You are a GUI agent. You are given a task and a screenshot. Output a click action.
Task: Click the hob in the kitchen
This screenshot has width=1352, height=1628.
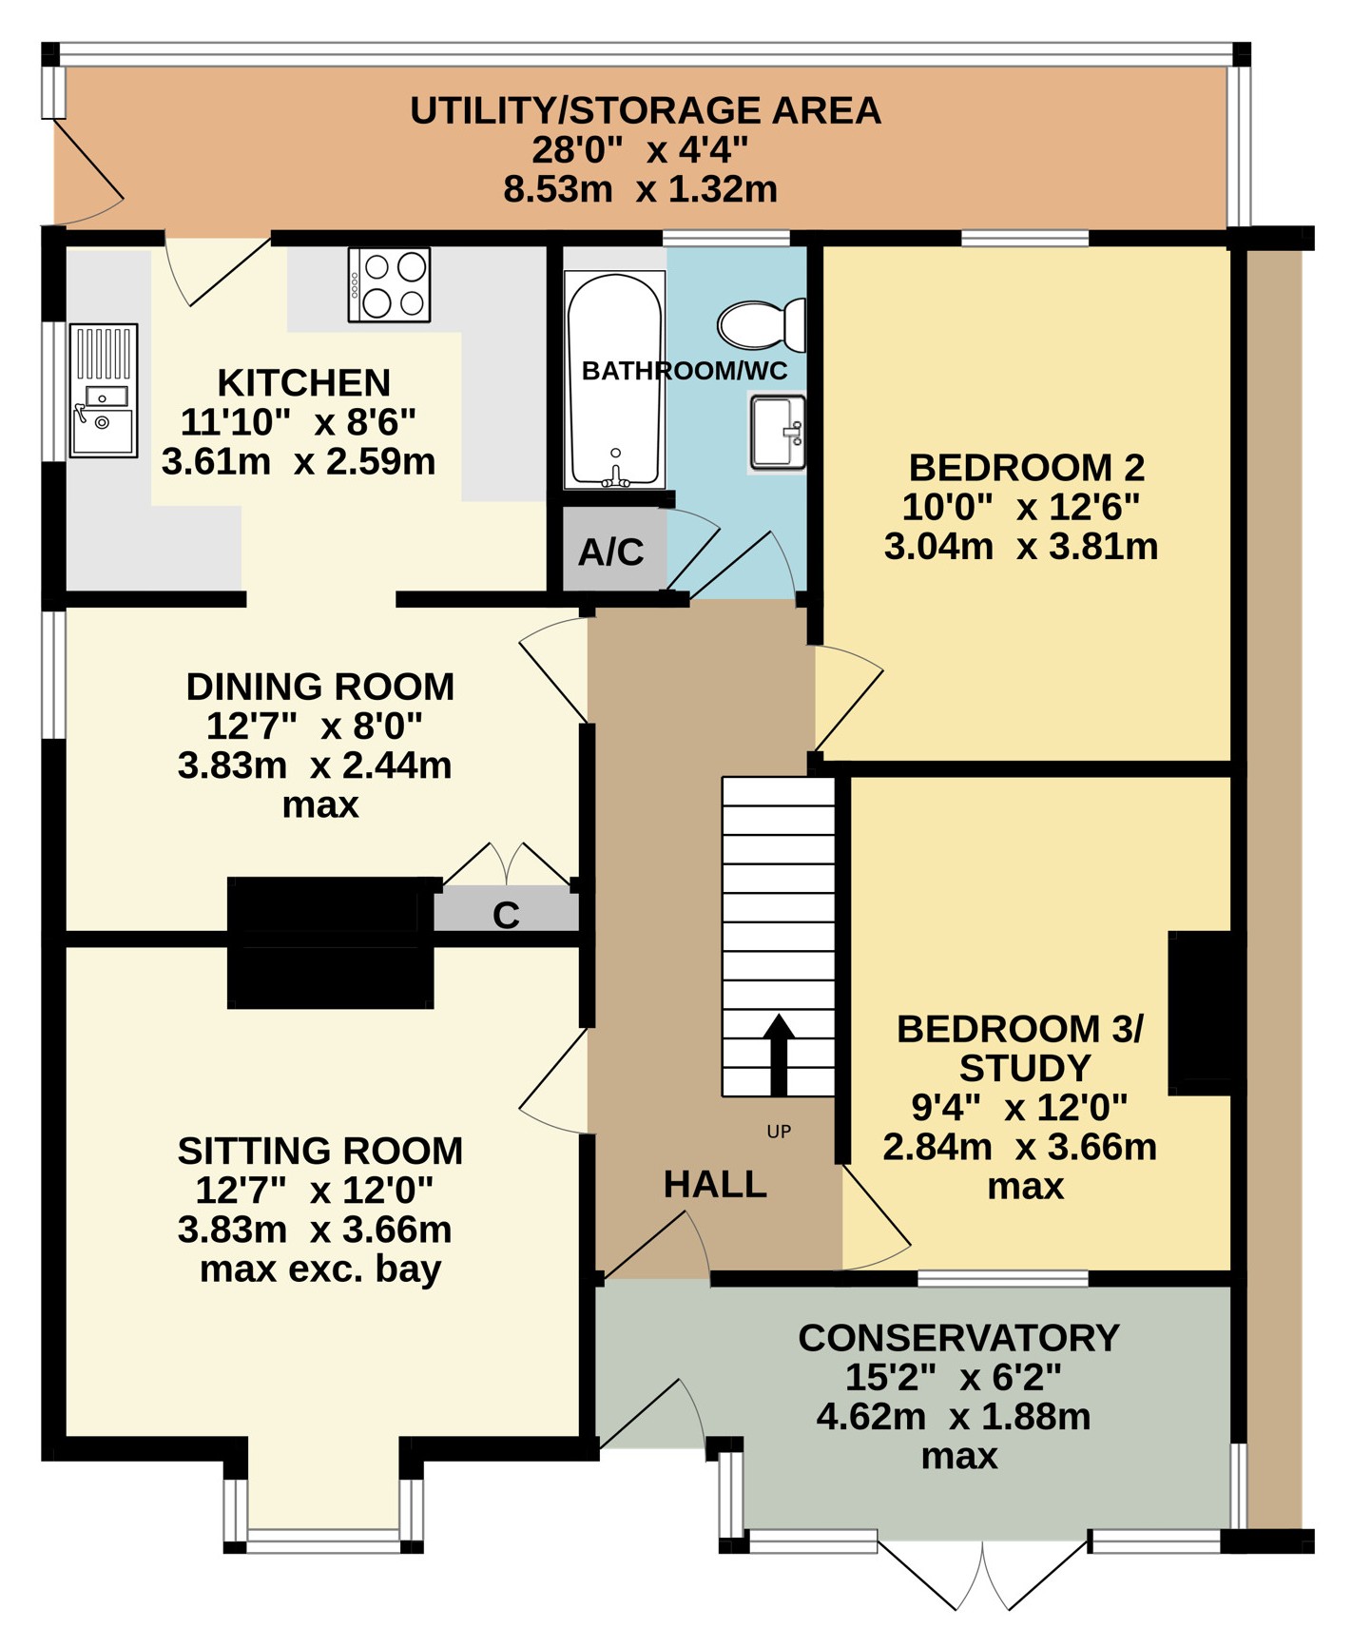(389, 284)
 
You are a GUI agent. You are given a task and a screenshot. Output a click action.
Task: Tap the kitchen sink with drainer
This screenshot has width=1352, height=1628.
(104, 391)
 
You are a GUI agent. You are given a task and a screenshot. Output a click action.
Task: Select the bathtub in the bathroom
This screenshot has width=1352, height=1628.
(614, 380)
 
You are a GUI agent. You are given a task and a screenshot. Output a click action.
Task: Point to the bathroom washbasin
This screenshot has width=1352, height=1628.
(778, 434)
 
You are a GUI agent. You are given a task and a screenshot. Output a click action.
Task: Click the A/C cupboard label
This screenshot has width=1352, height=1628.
(611, 552)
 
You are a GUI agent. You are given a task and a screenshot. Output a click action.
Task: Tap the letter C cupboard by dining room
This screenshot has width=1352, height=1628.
(506, 915)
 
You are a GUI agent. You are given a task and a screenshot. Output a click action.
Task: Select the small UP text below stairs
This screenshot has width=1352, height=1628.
(779, 1132)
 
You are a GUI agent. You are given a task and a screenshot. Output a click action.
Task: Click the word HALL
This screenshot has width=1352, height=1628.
(715, 1184)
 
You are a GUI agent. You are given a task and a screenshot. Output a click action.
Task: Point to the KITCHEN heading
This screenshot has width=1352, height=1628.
(304, 382)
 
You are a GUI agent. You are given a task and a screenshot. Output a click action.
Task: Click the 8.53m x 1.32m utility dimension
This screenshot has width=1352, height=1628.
(641, 189)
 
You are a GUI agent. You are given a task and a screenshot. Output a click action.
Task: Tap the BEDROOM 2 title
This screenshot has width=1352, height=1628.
(1027, 468)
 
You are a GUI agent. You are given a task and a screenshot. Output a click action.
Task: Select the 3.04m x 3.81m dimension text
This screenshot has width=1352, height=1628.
(1021, 547)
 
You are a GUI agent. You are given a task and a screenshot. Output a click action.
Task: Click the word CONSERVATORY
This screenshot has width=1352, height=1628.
(958, 1338)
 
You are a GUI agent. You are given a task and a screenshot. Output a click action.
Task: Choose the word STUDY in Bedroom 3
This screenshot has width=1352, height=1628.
(1024, 1069)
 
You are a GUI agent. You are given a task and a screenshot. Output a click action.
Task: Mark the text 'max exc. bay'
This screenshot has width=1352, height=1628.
(320, 1269)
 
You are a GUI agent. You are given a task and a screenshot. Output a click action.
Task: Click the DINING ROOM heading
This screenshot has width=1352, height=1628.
(320, 687)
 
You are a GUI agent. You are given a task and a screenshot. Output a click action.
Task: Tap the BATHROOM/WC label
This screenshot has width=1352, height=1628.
(685, 371)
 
